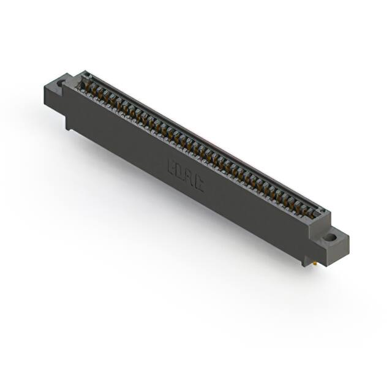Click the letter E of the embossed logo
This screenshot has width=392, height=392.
tap(172, 166)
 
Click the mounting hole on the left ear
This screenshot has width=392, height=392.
tap(61, 82)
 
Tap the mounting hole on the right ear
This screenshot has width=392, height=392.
tap(330, 236)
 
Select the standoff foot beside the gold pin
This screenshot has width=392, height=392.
tap(306, 257)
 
